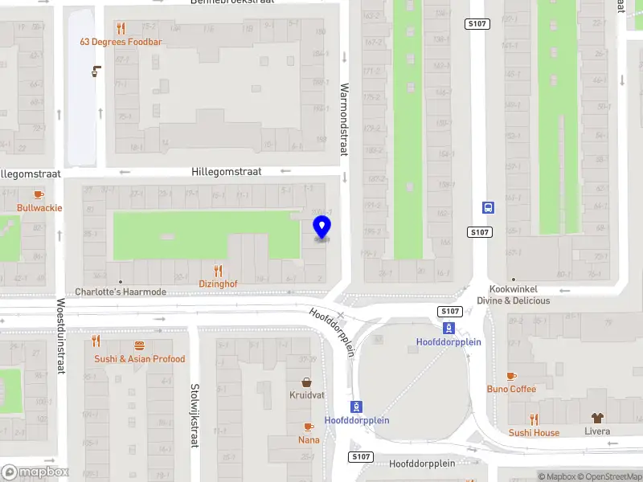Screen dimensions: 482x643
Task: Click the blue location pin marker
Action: [321, 227]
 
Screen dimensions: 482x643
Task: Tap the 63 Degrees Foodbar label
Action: [121, 42]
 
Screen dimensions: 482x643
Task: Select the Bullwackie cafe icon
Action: [39, 194]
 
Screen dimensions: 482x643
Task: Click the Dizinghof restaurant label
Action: [218, 284]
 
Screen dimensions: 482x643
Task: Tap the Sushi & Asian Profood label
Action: [139, 359]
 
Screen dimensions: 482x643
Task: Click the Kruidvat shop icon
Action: [306, 382]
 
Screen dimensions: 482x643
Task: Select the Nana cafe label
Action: [309, 439]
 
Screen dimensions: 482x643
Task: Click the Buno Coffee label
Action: [511, 390]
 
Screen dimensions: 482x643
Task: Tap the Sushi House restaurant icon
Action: [534, 419]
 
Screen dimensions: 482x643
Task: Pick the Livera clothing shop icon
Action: [596, 419]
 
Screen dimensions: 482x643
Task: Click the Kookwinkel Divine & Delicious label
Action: [514, 295]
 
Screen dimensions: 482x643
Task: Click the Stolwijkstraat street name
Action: [194, 415]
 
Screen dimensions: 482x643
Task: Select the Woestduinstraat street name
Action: [60, 336]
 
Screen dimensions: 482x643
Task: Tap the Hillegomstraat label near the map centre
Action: [227, 172]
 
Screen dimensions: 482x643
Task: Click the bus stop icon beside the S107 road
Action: [488, 207]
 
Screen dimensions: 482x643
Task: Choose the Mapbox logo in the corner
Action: [35, 472]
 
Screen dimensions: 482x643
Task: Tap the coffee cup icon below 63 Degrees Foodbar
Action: [96, 71]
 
